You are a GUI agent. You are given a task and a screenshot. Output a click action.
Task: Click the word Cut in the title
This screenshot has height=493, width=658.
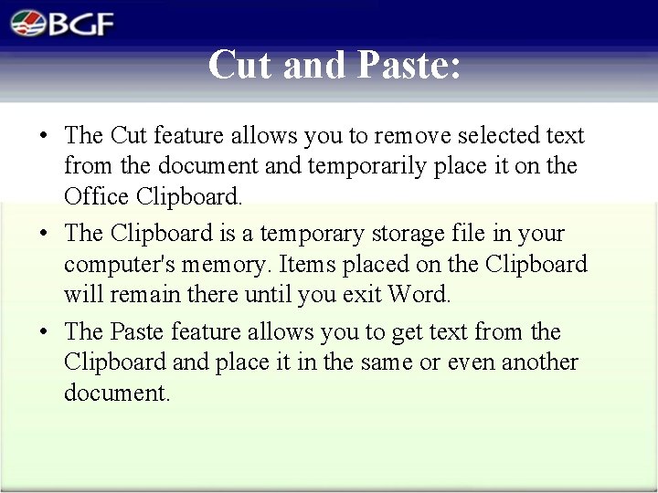(x=242, y=65)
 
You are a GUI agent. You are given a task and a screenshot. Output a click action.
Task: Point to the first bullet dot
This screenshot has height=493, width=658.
(x=44, y=137)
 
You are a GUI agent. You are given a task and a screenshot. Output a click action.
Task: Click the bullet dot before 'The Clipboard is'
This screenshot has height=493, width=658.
(x=44, y=235)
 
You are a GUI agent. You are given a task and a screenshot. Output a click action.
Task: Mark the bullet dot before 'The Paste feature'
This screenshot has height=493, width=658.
(x=44, y=332)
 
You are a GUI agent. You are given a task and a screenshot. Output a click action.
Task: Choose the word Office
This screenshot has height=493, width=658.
(x=96, y=196)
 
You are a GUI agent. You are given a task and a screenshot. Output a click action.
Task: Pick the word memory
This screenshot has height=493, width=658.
(x=228, y=265)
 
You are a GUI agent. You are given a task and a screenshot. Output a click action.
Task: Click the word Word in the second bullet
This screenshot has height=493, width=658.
(x=419, y=295)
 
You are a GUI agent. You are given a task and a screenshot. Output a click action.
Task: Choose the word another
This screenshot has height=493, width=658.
(x=538, y=362)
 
